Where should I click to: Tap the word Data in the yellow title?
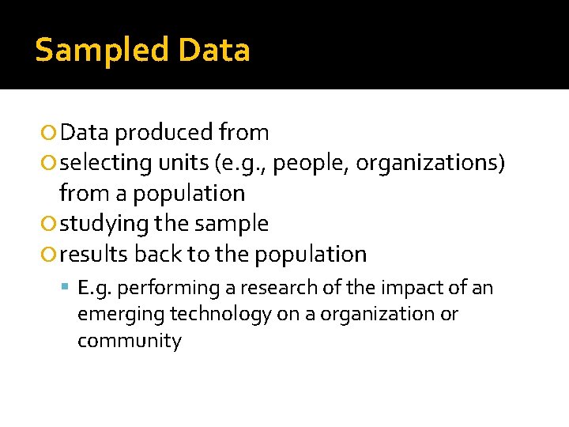click(x=214, y=51)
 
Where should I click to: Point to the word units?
click(x=184, y=163)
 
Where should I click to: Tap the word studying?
click(x=104, y=224)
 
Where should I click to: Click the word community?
click(x=129, y=341)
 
